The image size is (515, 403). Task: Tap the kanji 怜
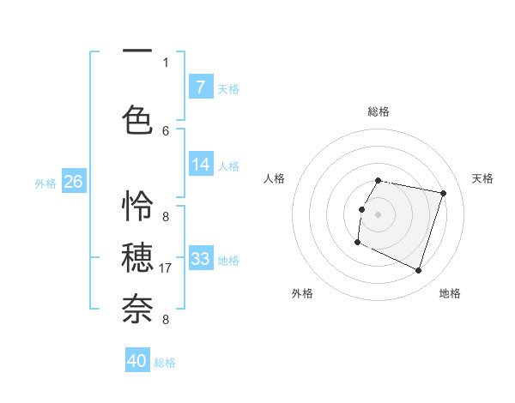(x=137, y=207)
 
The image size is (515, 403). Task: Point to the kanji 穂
(x=137, y=257)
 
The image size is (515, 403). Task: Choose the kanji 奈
(x=137, y=308)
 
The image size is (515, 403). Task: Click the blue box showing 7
(x=200, y=87)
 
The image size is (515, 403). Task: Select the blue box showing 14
(x=200, y=165)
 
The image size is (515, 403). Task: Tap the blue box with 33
(x=200, y=258)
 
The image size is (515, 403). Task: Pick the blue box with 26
(x=73, y=182)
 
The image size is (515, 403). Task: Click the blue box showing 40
(x=137, y=361)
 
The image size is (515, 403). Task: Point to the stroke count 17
(x=167, y=268)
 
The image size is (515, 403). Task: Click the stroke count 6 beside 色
(x=166, y=130)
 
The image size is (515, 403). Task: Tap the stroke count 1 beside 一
(x=166, y=62)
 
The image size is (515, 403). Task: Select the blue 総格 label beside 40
(x=165, y=363)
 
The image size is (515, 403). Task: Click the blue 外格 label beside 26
(x=45, y=183)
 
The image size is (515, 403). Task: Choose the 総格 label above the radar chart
(x=379, y=111)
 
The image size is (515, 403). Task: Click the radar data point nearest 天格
(x=443, y=194)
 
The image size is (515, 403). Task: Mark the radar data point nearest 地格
(x=418, y=271)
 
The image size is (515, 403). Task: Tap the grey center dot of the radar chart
(x=378, y=214)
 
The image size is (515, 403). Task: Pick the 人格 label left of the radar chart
(x=275, y=178)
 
